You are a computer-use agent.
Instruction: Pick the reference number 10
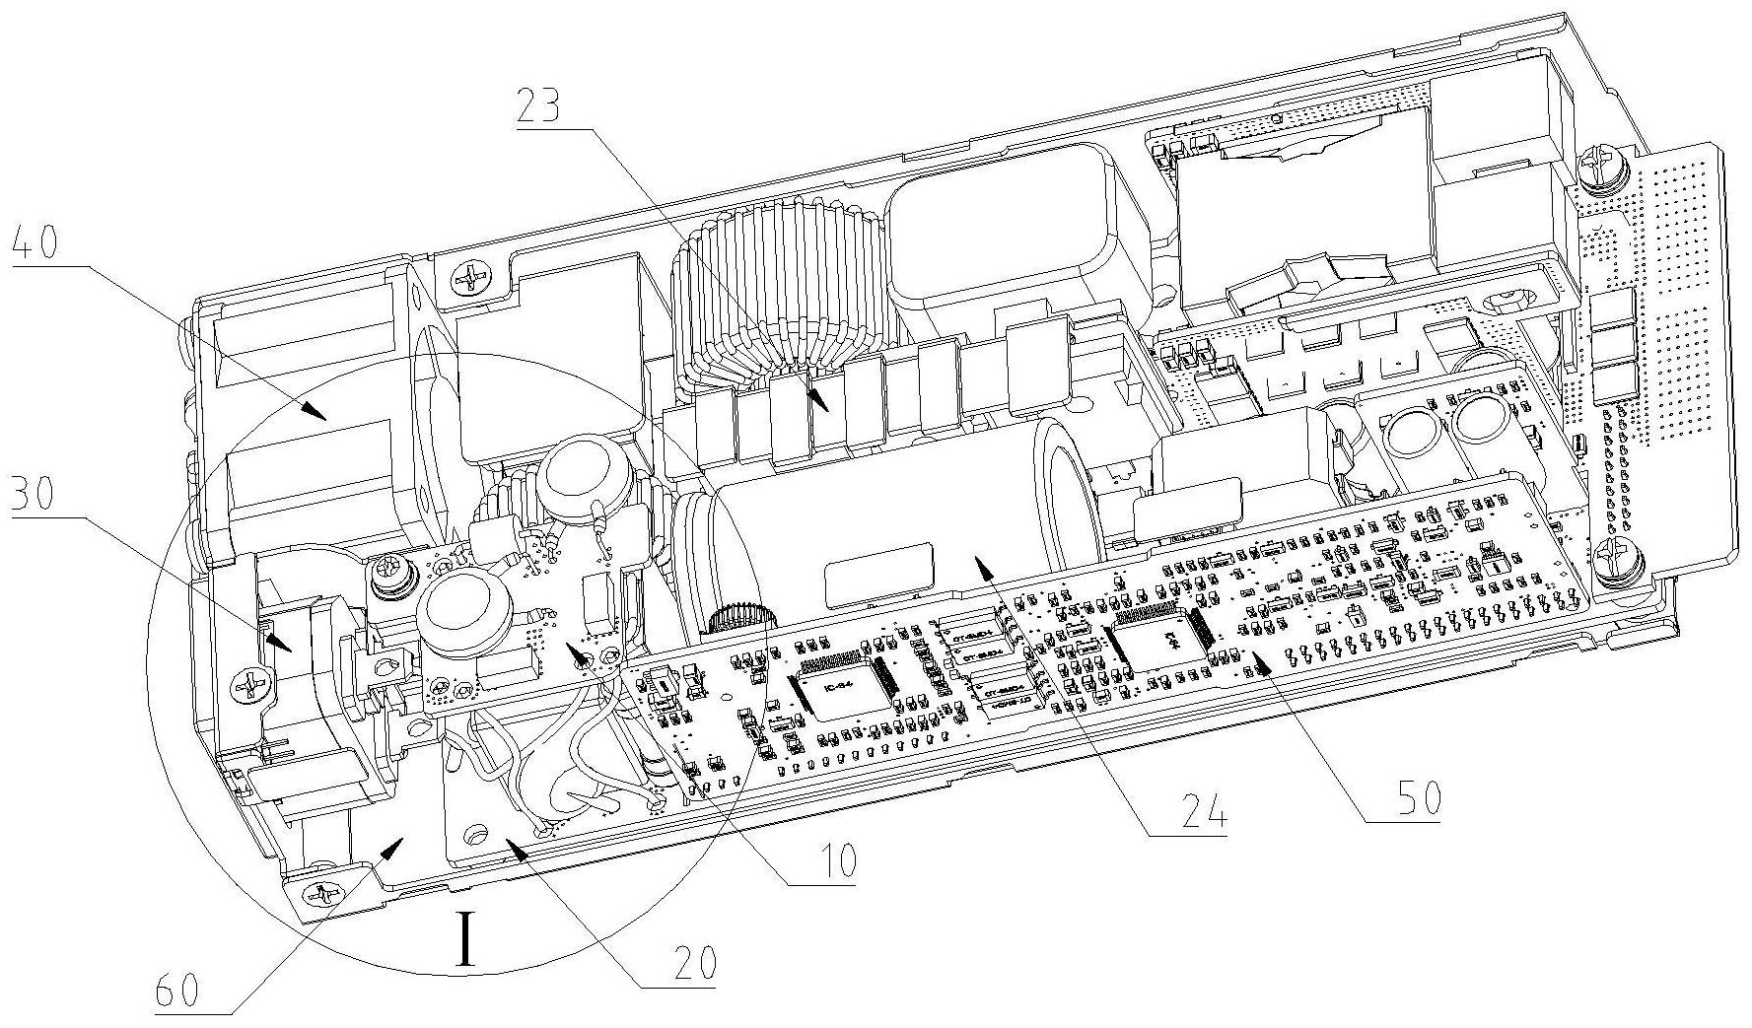pos(832,860)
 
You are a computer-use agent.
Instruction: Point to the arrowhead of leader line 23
pos(823,406)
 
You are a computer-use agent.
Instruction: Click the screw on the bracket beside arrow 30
pos(253,683)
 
